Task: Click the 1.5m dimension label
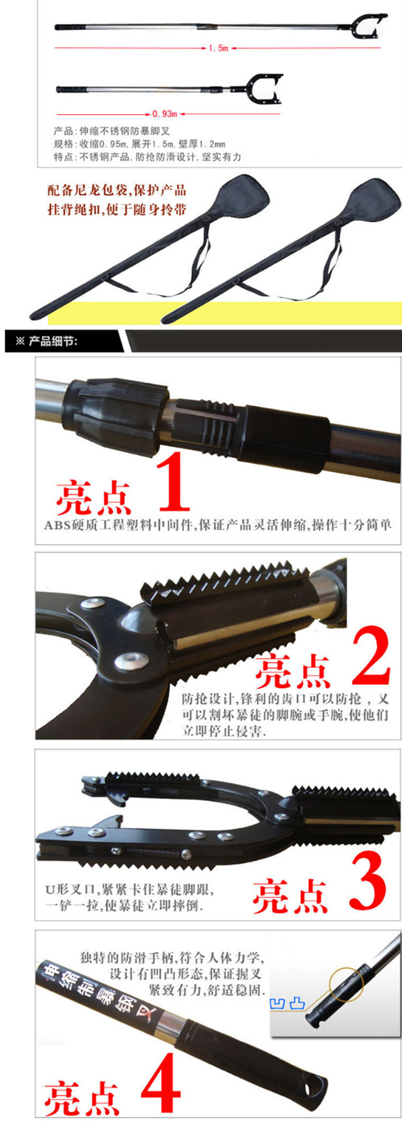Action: [x=219, y=48]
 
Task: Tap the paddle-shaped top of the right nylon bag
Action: [x=375, y=198]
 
